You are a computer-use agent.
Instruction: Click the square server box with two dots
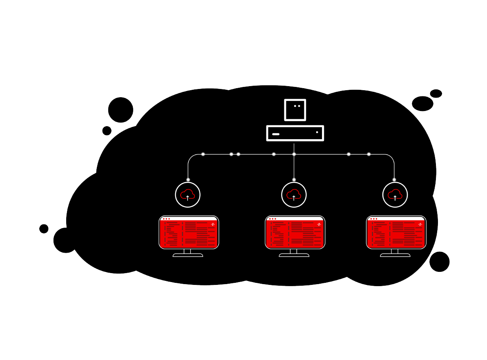coord(295,110)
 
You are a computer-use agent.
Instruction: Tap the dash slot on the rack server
coord(276,134)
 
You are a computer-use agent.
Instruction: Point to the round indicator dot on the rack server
coord(317,132)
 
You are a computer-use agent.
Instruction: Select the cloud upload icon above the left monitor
coord(188,195)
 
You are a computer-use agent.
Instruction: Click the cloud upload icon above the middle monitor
coord(294,195)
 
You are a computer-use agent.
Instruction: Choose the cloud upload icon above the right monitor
coord(395,195)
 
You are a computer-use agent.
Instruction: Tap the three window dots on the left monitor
coord(166,219)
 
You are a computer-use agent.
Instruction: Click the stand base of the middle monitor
coord(294,255)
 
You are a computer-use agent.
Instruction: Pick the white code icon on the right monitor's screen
coord(420,224)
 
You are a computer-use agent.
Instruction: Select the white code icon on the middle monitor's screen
coord(319,224)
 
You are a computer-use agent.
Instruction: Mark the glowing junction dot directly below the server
coord(294,154)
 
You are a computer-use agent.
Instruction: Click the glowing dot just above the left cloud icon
coord(188,180)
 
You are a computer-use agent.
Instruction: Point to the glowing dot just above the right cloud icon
coord(394,180)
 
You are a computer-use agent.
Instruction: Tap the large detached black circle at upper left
coord(121,110)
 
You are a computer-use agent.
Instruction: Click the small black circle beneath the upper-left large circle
coord(107,131)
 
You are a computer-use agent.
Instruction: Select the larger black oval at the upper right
coord(422,104)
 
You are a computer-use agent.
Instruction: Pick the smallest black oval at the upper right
coord(436,93)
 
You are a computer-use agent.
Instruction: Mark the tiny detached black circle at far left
coord(44,229)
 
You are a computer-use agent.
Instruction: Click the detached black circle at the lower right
coord(439,262)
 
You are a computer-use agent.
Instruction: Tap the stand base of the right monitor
coord(395,255)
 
